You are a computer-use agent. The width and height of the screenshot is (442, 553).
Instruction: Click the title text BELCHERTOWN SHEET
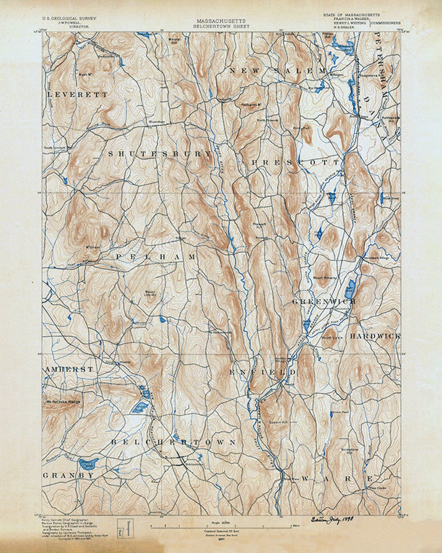tap(221, 26)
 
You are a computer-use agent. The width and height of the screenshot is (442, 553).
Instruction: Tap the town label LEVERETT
tap(78, 95)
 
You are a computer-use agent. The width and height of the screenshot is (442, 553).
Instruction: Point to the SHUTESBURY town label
tap(160, 154)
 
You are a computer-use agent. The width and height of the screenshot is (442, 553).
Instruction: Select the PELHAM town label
tap(156, 257)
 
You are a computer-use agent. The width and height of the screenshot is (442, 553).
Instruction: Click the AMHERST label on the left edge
tap(69, 369)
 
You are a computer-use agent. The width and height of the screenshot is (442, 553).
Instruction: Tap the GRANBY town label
tap(68, 476)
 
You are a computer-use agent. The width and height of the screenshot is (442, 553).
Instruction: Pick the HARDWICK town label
tap(374, 336)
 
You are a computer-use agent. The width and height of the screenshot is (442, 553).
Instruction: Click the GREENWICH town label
tap(324, 301)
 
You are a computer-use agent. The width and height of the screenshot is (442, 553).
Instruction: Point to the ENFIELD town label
tap(262, 372)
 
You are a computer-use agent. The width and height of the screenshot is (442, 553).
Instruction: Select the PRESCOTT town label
tap(295, 163)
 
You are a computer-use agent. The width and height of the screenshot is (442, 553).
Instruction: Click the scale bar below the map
tap(221, 524)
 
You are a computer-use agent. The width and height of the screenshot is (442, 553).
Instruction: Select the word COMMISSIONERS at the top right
tap(386, 23)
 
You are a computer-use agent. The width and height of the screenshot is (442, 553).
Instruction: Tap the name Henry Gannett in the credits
tap(52, 519)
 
